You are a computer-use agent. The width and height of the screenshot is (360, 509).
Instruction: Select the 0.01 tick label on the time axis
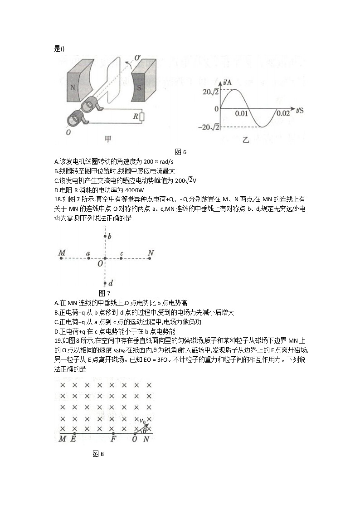(x=242, y=113)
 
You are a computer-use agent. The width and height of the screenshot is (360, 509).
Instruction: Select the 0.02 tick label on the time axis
(x=283, y=113)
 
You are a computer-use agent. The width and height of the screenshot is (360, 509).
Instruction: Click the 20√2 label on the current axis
(x=211, y=92)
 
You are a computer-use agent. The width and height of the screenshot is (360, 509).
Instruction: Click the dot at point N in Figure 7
(x=151, y=258)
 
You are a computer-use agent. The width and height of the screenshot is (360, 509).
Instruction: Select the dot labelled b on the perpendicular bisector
(x=105, y=236)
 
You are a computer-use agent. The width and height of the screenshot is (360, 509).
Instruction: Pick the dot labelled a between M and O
(x=88, y=258)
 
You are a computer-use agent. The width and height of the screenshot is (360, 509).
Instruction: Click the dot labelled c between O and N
(x=122, y=258)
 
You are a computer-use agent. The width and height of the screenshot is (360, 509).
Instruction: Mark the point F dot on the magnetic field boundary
(x=113, y=434)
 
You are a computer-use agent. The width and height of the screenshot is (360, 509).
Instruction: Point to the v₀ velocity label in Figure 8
(x=143, y=420)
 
